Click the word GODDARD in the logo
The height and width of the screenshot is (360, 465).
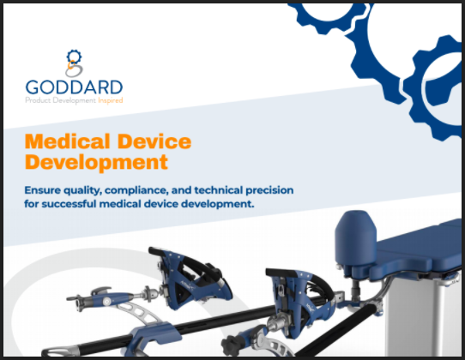[74, 87]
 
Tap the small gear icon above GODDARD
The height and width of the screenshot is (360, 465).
[74, 56]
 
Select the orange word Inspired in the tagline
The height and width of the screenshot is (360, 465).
[111, 100]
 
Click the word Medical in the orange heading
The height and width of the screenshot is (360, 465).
[67, 141]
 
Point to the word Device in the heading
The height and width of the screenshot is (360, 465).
[154, 141]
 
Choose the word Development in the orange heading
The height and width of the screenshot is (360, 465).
[96, 162]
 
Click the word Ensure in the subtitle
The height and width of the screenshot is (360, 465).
[42, 190]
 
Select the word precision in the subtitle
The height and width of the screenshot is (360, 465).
[269, 190]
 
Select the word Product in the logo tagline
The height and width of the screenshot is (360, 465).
[38, 100]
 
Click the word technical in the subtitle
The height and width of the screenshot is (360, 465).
[219, 190]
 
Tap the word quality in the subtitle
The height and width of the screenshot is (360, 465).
[82, 191]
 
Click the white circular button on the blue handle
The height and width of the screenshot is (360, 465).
[106, 302]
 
